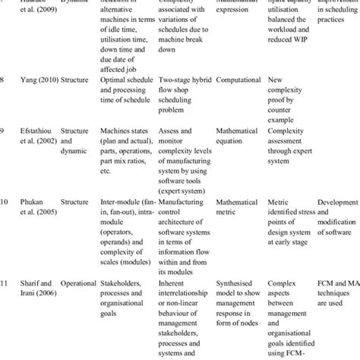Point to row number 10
5,204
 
